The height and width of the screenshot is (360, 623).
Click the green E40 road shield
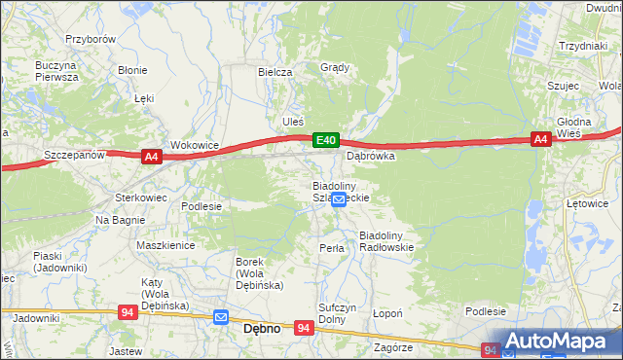[x=326, y=142]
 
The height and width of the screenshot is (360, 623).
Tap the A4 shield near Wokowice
[x=150, y=156]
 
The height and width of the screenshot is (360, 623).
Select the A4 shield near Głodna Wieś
[x=542, y=140]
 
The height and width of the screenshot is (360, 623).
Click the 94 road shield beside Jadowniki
[x=128, y=312]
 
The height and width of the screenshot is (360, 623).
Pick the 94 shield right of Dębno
[x=305, y=329]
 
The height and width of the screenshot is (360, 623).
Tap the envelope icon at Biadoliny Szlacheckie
[x=338, y=199]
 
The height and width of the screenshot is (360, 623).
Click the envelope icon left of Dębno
[x=221, y=317]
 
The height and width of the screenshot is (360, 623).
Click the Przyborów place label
[x=91, y=39]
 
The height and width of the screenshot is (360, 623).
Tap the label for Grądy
[x=335, y=68]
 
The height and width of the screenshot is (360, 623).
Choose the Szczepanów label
[x=74, y=155]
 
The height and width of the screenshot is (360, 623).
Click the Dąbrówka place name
[x=371, y=155]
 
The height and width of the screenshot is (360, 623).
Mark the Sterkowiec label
[x=142, y=197]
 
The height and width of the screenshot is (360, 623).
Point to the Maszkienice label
[x=165, y=246]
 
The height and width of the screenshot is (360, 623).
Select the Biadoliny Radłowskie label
[x=387, y=241]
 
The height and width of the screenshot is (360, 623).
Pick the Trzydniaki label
[x=583, y=46]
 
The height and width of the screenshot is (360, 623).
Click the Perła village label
[x=332, y=248]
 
